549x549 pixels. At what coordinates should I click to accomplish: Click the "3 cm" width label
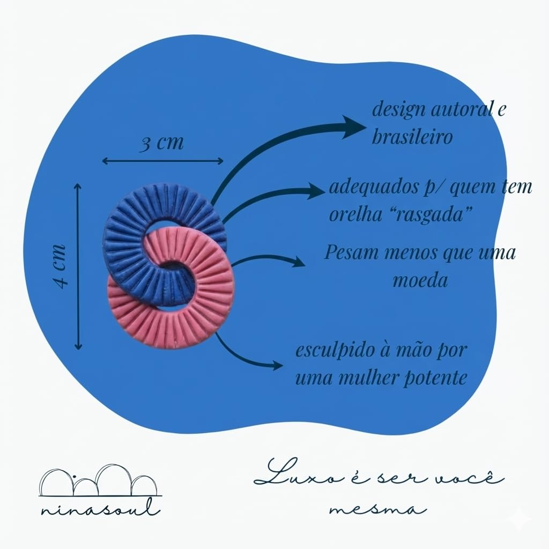tap(161, 144)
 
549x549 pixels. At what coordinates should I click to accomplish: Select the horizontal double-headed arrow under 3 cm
tap(162, 160)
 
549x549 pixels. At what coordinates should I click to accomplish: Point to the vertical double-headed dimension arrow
tap(78, 266)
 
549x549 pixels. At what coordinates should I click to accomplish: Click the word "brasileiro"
tap(412, 137)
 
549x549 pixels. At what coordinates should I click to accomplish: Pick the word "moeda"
tap(420, 280)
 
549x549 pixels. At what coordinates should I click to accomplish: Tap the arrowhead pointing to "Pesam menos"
tap(297, 262)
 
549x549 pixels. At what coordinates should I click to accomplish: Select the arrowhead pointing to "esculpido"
tap(276, 366)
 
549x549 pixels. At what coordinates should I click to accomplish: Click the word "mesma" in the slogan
tap(378, 507)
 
